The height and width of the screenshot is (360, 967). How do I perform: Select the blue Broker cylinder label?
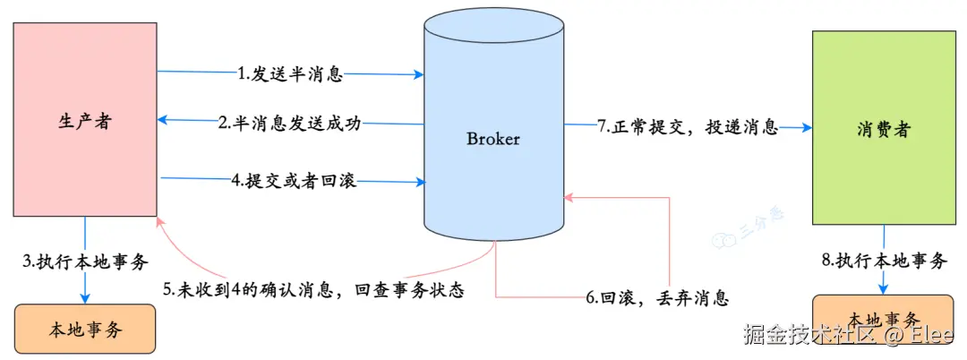492,139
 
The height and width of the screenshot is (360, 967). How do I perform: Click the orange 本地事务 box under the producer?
84,329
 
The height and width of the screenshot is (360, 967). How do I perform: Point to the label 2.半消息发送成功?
289,124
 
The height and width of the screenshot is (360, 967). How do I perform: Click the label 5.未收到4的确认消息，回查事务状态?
312,290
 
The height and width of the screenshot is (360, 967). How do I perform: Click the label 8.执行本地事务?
884,261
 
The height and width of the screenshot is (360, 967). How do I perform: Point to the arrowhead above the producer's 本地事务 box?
85,299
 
